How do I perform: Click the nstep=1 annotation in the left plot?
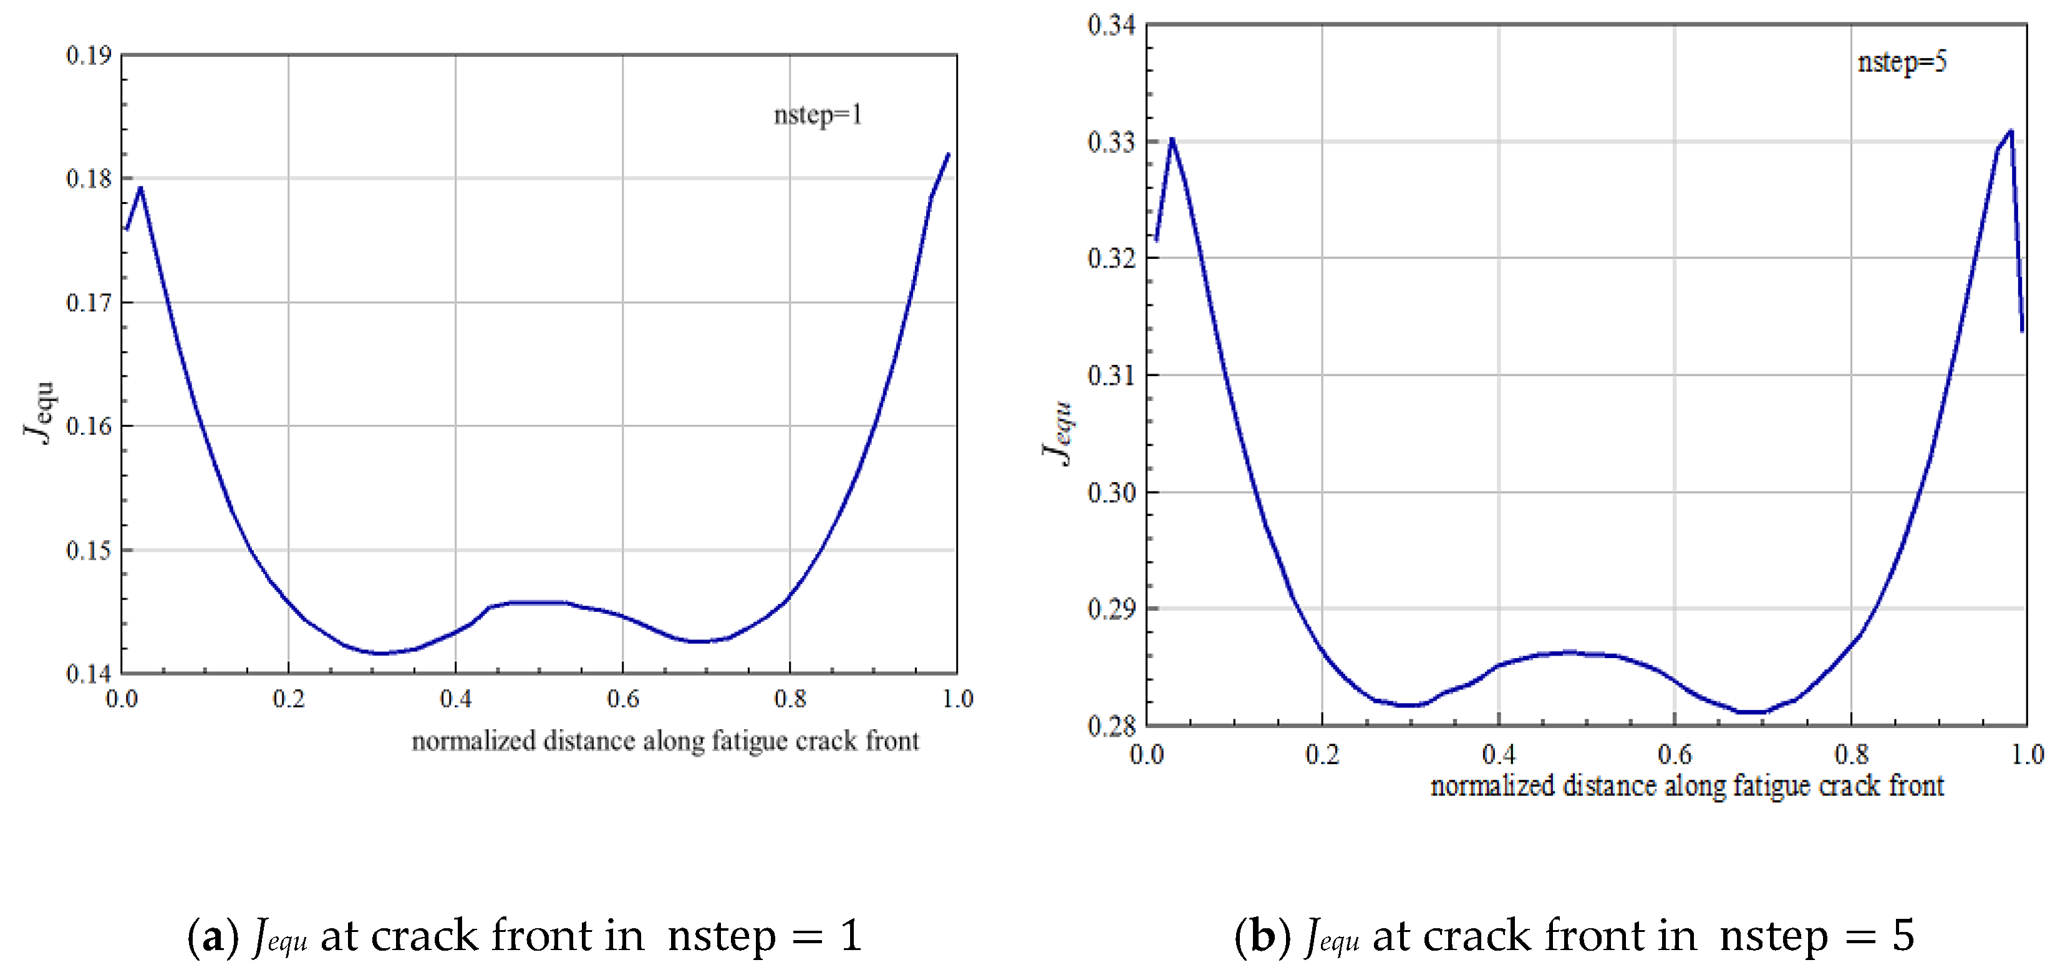click(818, 115)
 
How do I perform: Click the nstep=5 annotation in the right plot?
click(1901, 62)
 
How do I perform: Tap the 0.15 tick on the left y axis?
click(88, 550)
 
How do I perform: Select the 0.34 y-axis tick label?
click(1111, 25)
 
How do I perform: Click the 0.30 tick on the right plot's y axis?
click(1111, 492)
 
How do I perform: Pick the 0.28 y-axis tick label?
click(1111, 725)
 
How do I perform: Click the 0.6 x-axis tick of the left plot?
click(622, 699)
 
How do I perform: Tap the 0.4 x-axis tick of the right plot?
click(1498, 754)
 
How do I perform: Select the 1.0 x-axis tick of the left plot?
click(957, 699)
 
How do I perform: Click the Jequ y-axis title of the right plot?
click(1058, 432)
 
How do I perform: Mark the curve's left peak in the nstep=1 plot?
click(140, 188)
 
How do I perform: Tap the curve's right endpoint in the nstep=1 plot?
click(949, 154)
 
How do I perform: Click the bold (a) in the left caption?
click(212, 935)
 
